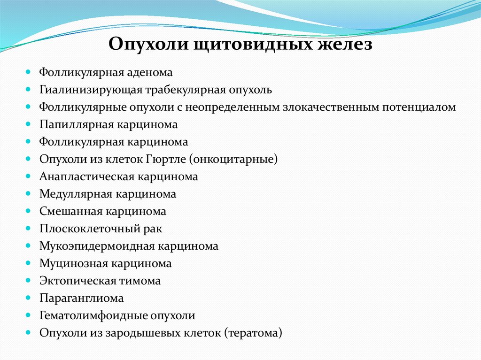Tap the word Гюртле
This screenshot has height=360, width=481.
pos(166,160)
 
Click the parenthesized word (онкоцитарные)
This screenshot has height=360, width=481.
pos(234,160)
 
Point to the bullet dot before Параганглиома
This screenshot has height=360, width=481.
pos(29,298)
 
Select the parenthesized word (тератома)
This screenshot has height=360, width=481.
pos(253,333)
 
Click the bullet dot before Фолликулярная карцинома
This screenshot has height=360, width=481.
pos(29,142)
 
